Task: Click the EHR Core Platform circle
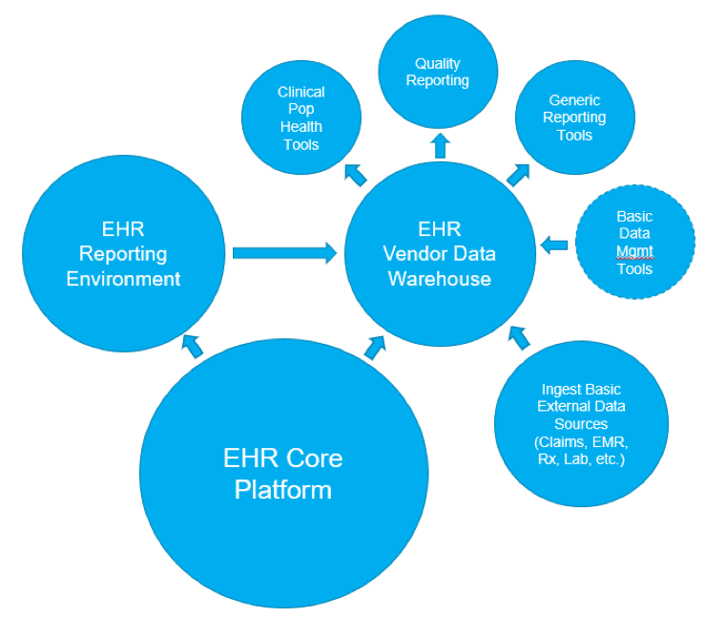282,475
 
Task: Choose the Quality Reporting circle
438,73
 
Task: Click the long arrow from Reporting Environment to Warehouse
285,253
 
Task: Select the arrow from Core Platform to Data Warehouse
376,345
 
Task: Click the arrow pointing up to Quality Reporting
439,145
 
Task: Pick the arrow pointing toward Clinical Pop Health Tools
355,173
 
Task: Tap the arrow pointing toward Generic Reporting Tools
518,173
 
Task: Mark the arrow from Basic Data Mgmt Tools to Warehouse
553,245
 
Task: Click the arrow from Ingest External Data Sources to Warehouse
519,336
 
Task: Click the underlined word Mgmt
634,252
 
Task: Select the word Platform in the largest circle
283,490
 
